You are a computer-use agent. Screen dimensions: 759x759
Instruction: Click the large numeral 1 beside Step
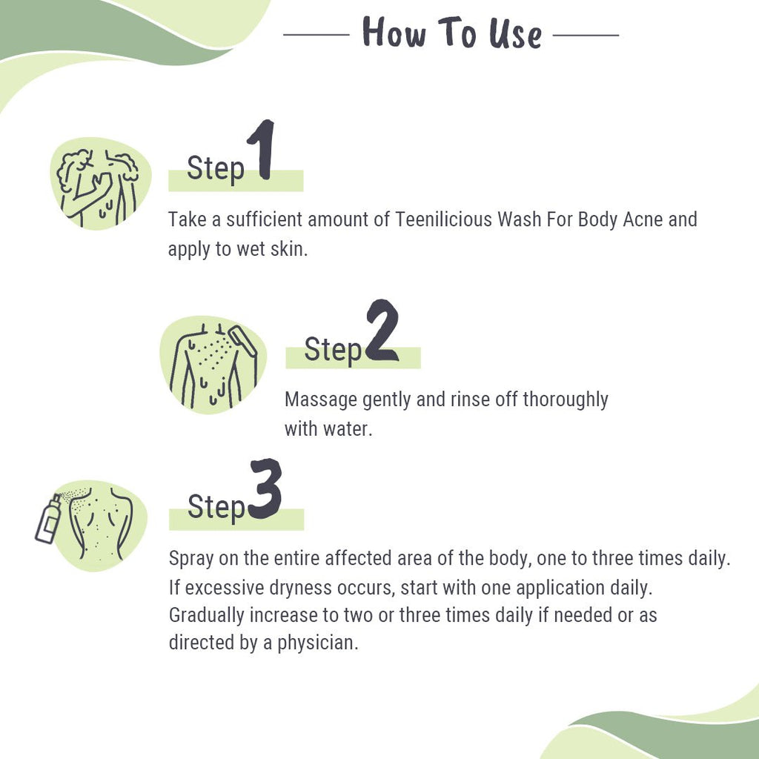[261, 152]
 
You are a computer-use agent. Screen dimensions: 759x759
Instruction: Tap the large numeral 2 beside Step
[382, 331]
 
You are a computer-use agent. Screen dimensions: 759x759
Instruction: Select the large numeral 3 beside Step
[265, 489]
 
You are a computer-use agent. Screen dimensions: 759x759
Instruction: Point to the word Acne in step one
[643, 220]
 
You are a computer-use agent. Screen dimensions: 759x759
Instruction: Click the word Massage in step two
[321, 400]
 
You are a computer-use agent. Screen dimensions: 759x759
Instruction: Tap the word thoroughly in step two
[566, 400]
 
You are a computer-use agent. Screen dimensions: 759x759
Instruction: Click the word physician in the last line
[318, 642]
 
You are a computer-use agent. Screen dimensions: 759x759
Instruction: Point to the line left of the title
[316, 35]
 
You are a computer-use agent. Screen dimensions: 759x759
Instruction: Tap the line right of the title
[586, 35]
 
